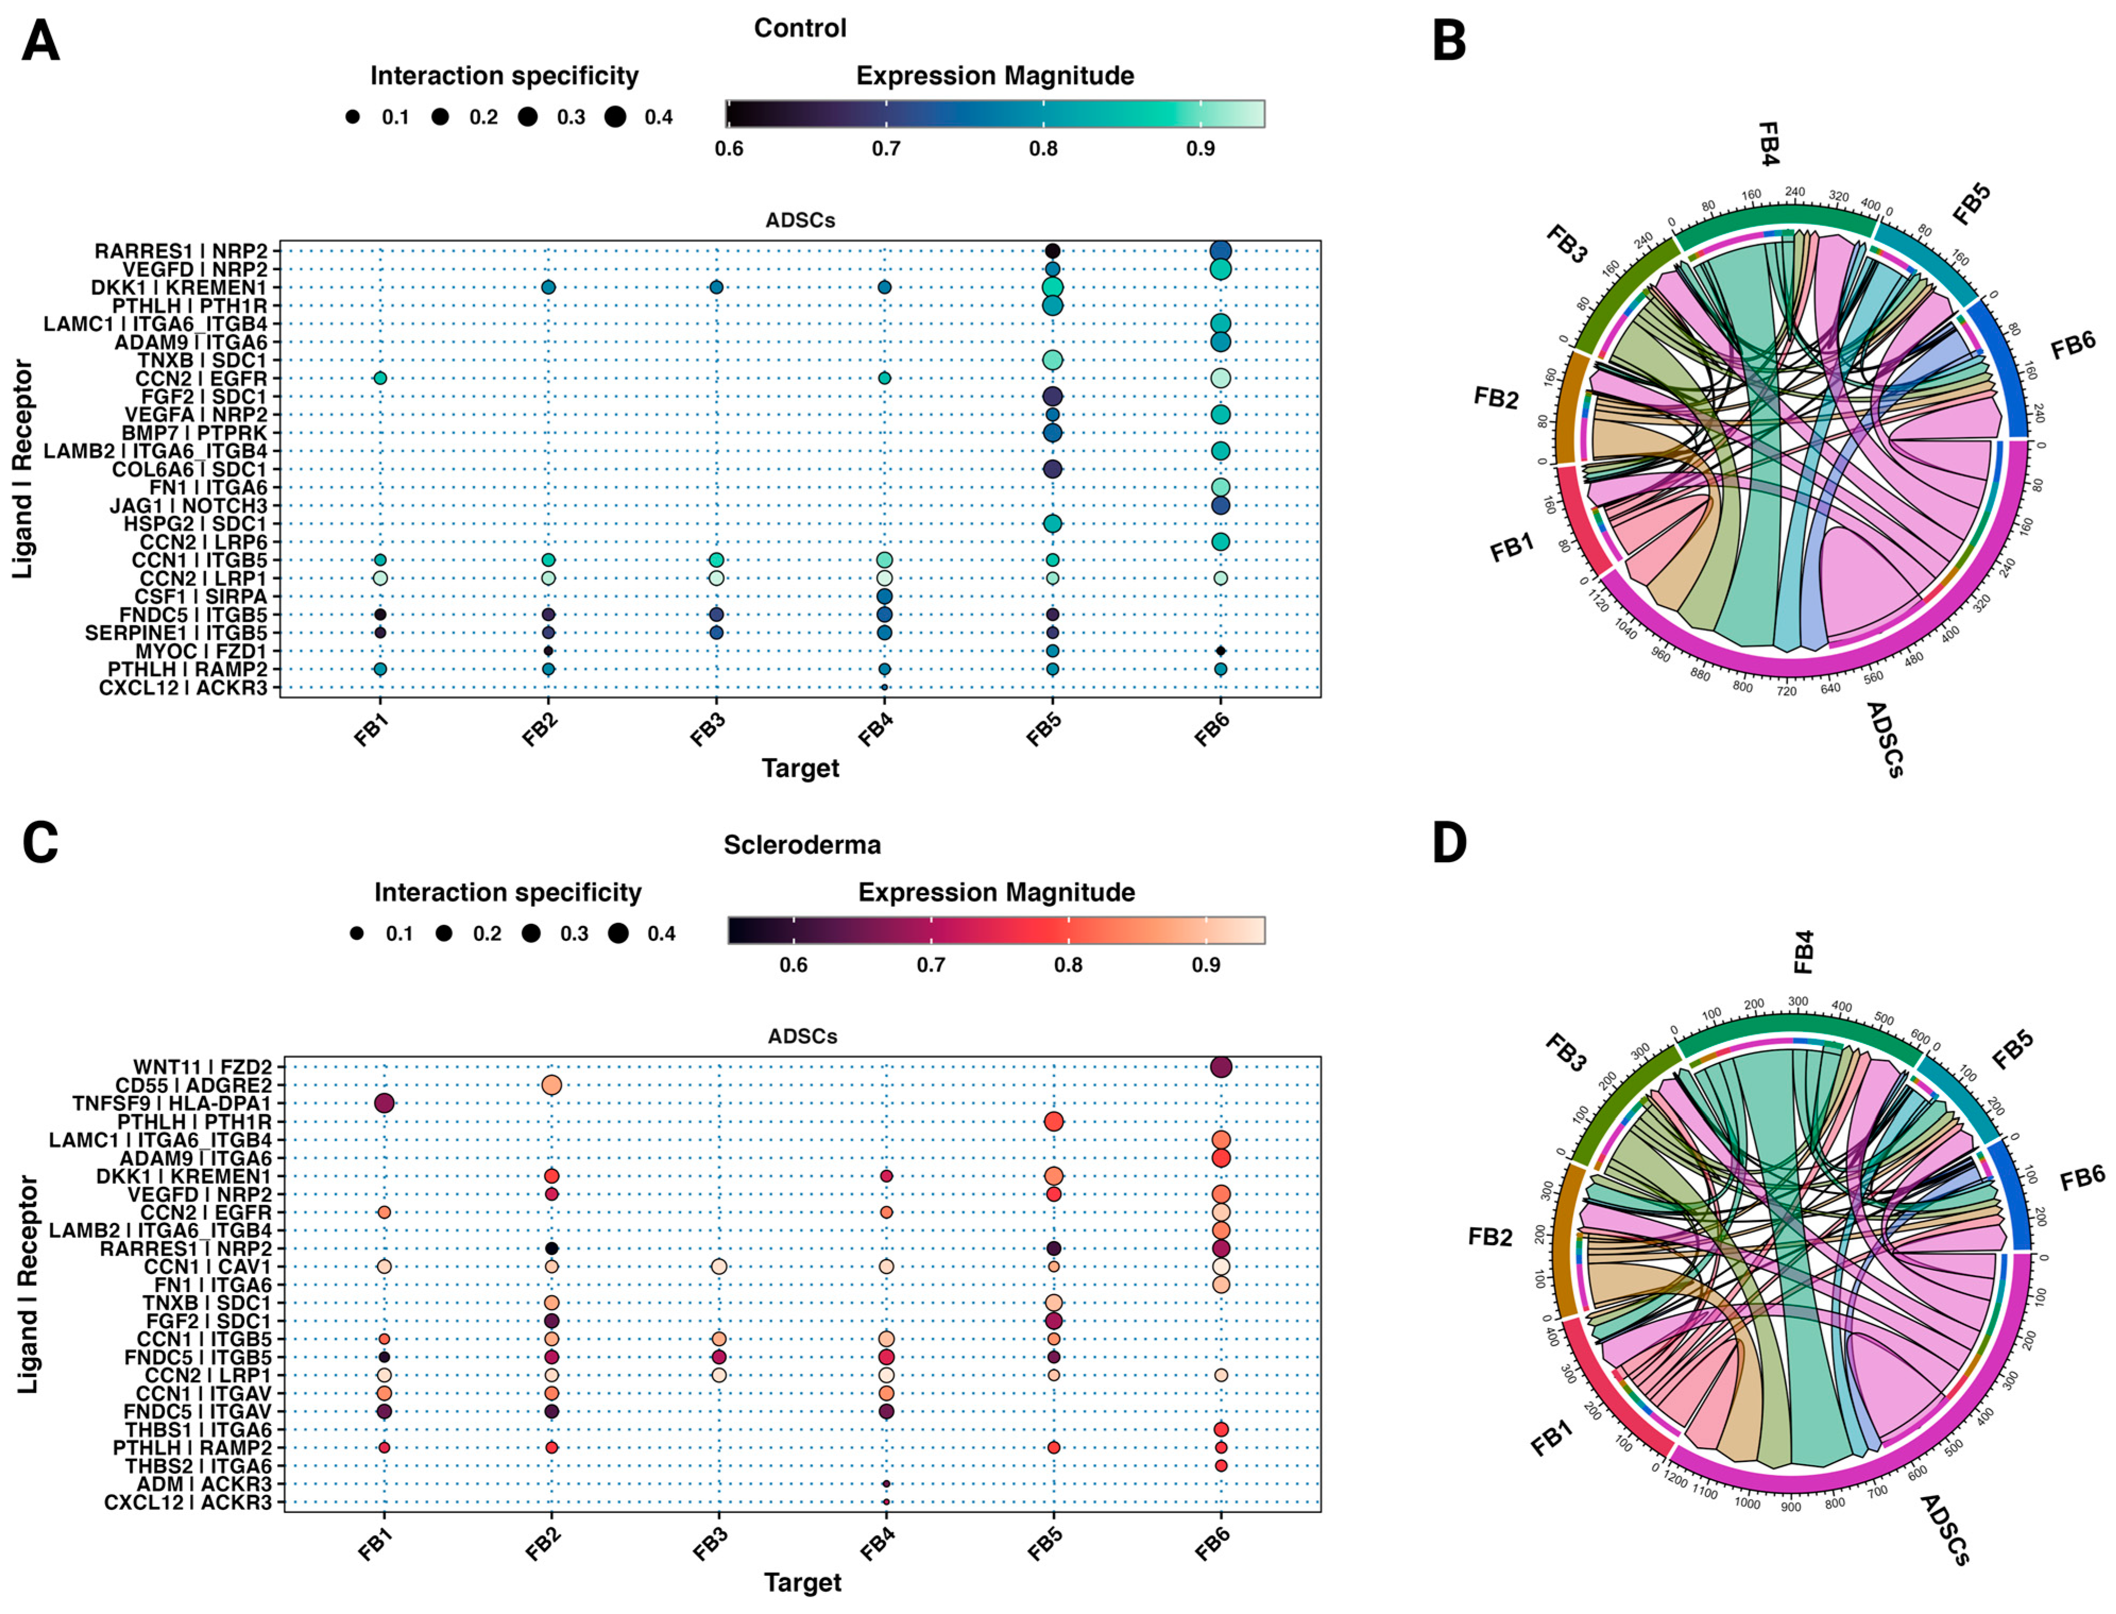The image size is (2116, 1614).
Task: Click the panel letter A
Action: coord(40,43)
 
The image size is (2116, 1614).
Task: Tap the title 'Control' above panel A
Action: coord(799,28)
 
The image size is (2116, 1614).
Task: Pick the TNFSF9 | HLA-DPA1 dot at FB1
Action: coord(383,1103)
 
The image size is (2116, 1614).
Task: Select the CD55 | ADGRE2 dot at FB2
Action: coord(551,1085)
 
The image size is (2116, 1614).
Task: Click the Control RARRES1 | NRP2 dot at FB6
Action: coord(1220,251)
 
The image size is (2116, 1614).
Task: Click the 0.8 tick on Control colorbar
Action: coord(1043,149)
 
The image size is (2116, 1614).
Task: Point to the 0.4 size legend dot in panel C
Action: coord(618,933)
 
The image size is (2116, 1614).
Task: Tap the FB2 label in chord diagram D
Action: coord(1490,1236)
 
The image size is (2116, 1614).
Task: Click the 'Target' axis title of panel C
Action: coord(802,1582)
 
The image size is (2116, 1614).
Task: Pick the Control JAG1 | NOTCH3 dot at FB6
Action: coord(1220,505)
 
